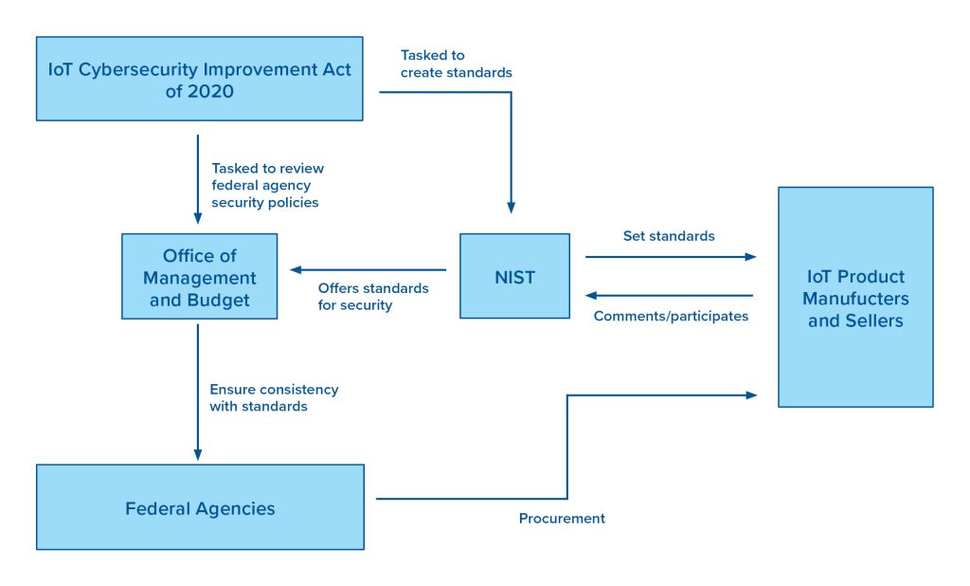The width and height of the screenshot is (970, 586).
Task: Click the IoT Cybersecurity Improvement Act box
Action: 199,79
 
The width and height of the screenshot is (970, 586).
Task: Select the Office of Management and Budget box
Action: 199,276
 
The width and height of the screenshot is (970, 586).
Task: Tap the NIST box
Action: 514,276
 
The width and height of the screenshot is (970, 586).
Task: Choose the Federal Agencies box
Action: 200,507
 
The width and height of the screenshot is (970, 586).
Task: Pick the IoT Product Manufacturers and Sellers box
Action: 855,298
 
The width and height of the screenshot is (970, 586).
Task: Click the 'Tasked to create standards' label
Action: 456,64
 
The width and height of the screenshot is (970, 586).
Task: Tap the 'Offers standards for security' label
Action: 373,297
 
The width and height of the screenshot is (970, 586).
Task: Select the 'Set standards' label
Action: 669,236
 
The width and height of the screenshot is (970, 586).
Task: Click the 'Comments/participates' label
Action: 671,317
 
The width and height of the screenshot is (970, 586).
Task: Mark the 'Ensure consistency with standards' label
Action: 274,397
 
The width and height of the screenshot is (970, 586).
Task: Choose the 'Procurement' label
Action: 562,519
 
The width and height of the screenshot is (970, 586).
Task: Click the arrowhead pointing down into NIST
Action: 511,208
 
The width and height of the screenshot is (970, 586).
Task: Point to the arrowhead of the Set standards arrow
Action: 750,256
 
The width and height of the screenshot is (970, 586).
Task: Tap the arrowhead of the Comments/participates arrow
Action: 591,296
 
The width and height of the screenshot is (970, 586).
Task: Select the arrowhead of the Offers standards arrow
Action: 296,269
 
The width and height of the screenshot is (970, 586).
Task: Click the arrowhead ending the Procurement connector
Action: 751,395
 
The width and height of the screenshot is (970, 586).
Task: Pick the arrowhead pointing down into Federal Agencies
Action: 198,455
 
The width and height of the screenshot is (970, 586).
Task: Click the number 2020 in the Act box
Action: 210,92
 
